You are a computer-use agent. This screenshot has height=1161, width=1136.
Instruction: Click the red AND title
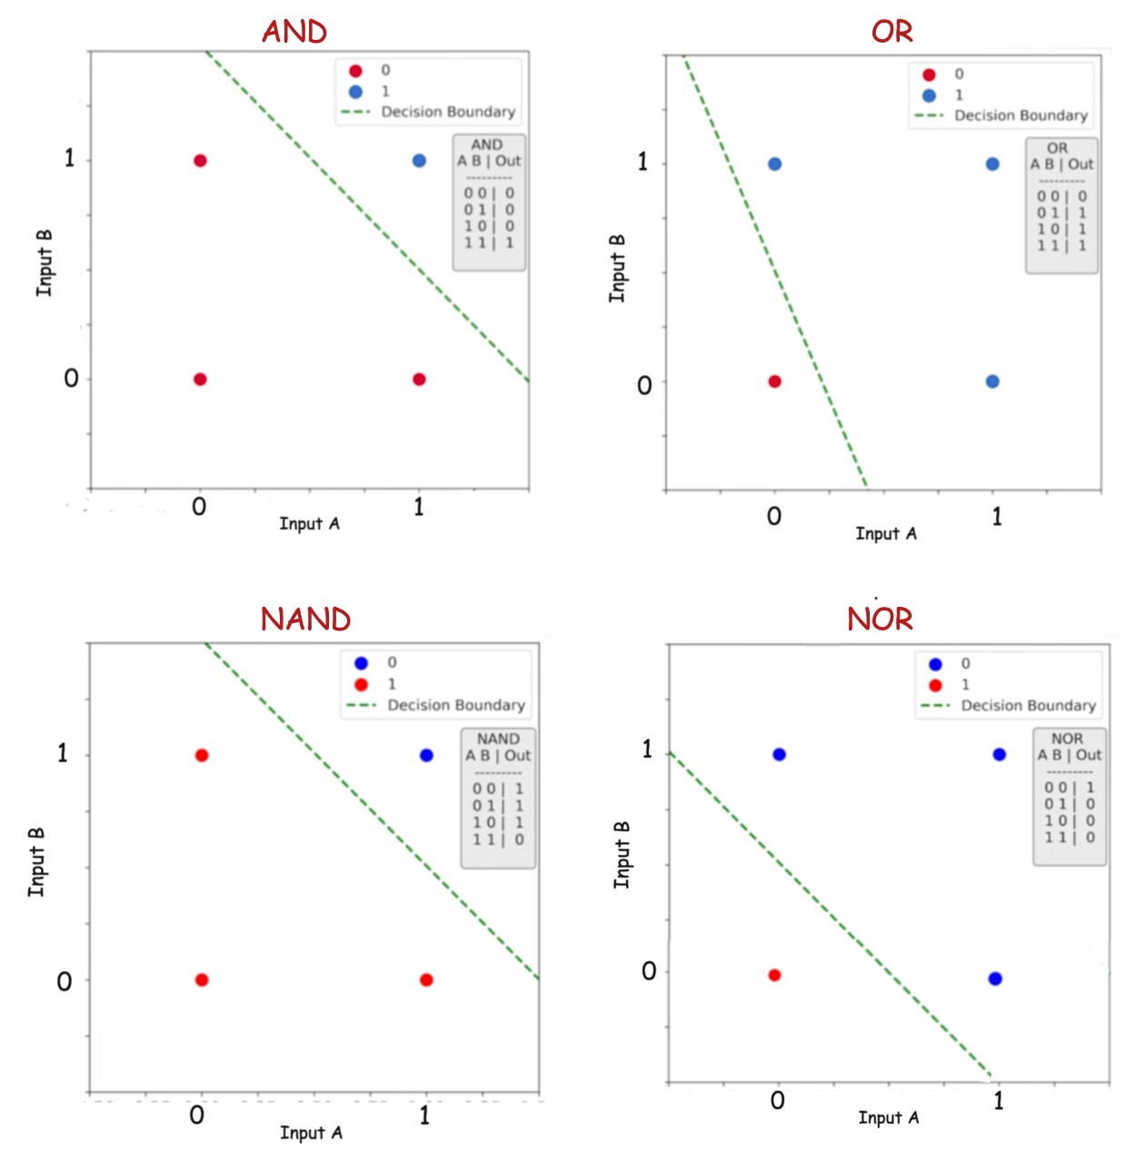click(x=294, y=32)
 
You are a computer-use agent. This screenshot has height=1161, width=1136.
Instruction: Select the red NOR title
click(x=880, y=620)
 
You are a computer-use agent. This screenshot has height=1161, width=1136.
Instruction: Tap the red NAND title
click(x=305, y=620)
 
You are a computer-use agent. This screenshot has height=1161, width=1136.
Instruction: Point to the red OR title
click(x=892, y=32)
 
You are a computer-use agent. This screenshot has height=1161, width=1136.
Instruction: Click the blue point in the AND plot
click(x=419, y=161)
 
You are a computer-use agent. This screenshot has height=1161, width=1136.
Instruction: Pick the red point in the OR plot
click(x=774, y=382)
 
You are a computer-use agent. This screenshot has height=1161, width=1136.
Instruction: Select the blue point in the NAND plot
click(x=426, y=755)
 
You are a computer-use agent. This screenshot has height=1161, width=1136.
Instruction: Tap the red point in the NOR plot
click(x=774, y=975)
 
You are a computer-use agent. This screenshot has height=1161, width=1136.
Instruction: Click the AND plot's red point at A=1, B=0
click(x=419, y=379)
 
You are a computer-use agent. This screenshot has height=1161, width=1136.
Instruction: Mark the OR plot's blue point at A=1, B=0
click(x=992, y=382)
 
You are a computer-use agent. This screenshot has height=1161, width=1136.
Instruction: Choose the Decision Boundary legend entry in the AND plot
click(x=447, y=112)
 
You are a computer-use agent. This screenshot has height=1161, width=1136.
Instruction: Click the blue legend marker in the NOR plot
click(x=935, y=664)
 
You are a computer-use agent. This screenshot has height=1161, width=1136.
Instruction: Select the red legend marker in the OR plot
click(x=929, y=74)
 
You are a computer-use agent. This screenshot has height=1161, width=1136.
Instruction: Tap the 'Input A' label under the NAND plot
click(x=311, y=1133)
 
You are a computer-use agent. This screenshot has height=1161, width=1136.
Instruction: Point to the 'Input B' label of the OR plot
click(x=618, y=269)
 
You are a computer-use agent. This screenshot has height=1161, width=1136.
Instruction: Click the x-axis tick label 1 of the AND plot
click(x=419, y=507)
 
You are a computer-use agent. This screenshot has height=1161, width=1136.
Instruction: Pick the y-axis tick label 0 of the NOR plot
click(x=649, y=971)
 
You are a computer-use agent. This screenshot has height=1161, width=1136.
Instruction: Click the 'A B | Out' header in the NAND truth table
click(x=498, y=756)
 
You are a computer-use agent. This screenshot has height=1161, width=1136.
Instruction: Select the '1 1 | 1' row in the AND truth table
click(x=489, y=243)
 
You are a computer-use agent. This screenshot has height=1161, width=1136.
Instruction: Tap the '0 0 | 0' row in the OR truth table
click(x=1061, y=196)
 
